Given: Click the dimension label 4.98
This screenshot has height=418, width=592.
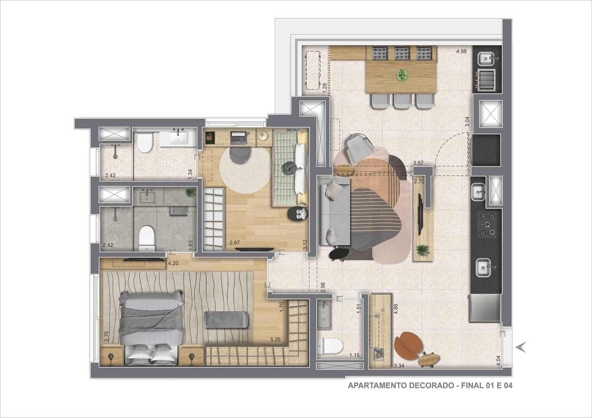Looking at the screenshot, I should coord(461,51).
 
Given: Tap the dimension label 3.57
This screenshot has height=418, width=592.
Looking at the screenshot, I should coord(419,163).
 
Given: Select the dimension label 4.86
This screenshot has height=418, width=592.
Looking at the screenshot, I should coord(396,309).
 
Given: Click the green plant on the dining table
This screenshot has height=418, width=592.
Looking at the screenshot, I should coord(402,75).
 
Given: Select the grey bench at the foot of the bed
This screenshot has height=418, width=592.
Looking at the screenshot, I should coord(226,320).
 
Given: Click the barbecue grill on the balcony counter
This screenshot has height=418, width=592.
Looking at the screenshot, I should coord(487,80).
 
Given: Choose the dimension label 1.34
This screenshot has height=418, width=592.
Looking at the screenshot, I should coord(190,174).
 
